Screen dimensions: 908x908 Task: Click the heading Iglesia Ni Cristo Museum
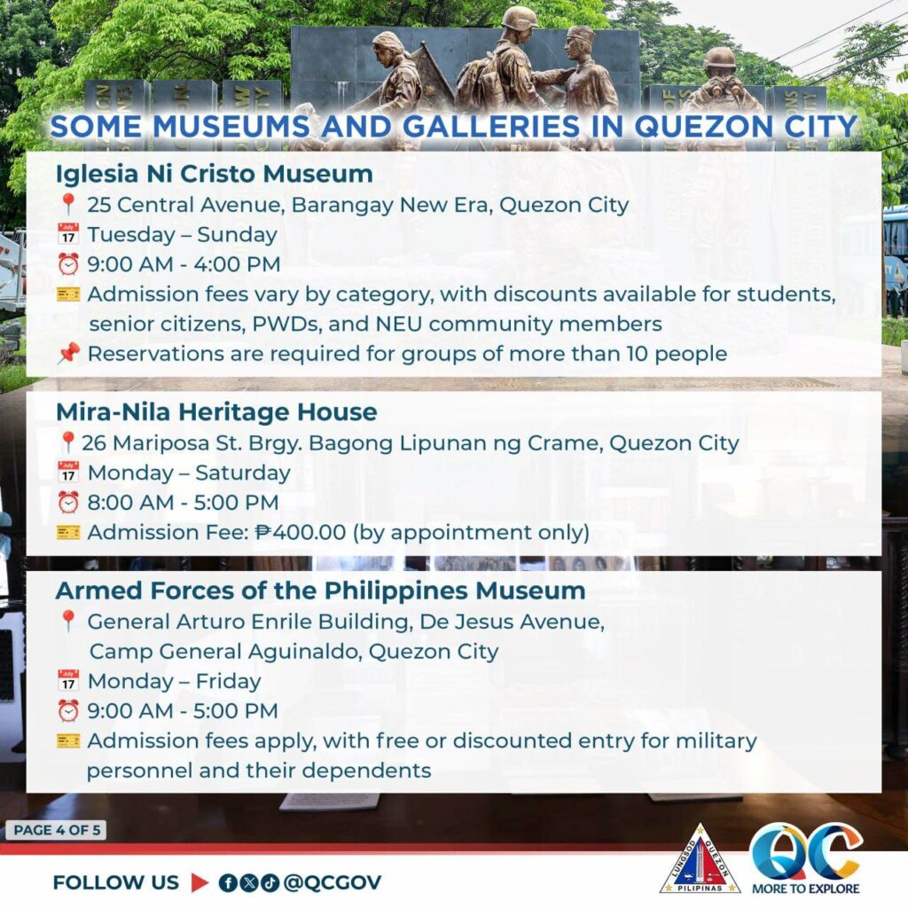(x=215, y=174)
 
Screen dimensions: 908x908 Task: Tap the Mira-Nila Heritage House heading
(x=216, y=412)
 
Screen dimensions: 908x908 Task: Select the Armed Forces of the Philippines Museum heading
(x=321, y=591)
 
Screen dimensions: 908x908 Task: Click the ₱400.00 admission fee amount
(x=301, y=532)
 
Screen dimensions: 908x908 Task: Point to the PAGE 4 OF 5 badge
(x=56, y=830)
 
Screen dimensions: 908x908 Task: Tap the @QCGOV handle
(x=333, y=882)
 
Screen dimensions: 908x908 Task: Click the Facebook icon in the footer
(x=229, y=882)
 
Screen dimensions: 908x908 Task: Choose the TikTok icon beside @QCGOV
(x=270, y=882)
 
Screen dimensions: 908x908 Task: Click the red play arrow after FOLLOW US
(x=200, y=882)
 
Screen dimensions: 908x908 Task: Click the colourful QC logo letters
(x=806, y=851)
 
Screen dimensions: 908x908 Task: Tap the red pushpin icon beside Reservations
(x=68, y=353)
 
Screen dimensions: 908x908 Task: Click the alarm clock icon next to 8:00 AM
(x=68, y=502)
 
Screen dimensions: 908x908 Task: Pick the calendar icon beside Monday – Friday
(x=68, y=680)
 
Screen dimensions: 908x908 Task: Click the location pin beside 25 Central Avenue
(x=68, y=204)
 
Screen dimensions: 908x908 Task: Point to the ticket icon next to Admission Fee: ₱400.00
(x=68, y=532)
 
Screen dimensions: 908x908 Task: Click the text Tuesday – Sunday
(x=183, y=234)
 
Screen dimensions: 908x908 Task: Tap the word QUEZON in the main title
(x=702, y=127)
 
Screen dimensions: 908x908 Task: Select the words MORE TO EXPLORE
(x=805, y=888)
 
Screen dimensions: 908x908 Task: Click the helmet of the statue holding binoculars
(x=720, y=59)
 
